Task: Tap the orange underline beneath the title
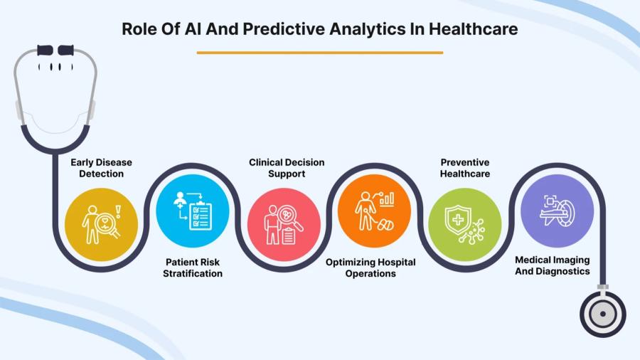click(319, 52)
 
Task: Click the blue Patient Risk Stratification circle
click(193, 211)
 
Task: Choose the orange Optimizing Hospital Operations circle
click(374, 211)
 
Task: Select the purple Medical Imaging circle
click(556, 211)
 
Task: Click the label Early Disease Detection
click(101, 168)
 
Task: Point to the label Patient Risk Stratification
click(193, 268)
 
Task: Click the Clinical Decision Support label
click(287, 168)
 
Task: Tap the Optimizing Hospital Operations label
click(370, 268)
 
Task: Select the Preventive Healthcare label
click(465, 168)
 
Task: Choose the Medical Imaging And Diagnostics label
click(553, 265)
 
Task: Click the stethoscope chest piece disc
click(603, 312)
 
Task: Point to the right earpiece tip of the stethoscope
click(66, 50)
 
